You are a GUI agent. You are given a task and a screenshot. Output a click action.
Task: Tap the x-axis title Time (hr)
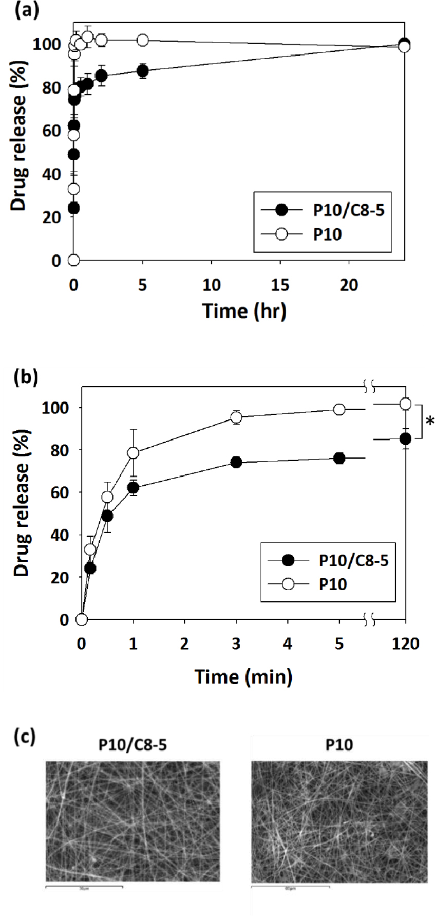click(x=244, y=310)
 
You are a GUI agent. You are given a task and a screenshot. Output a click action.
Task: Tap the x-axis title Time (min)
click(x=243, y=676)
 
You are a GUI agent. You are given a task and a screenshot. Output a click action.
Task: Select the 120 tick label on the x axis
click(x=406, y=643)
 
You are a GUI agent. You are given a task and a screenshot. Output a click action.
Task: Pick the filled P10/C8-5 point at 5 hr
click(x=143, y=71)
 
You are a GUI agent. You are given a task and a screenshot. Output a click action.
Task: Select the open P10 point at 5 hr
click(x=143, y=40)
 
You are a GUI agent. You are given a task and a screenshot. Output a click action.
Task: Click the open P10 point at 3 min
click(x=236, y=417)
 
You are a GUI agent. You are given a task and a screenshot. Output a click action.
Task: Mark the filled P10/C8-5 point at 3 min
click(x=236, y=462)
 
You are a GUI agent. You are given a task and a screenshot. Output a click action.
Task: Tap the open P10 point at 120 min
click(x=405, y=404)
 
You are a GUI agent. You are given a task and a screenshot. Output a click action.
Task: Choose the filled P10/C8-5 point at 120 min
click(x=405, y=438)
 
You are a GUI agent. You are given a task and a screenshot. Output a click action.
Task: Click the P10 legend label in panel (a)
click(x=328, y=235)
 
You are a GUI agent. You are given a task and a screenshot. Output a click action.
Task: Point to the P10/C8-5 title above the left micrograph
click(x=133, y=745)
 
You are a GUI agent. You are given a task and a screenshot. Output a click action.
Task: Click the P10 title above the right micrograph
click(x=339, y=745)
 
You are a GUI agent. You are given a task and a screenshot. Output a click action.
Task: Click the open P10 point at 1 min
click(x=134, y=453)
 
